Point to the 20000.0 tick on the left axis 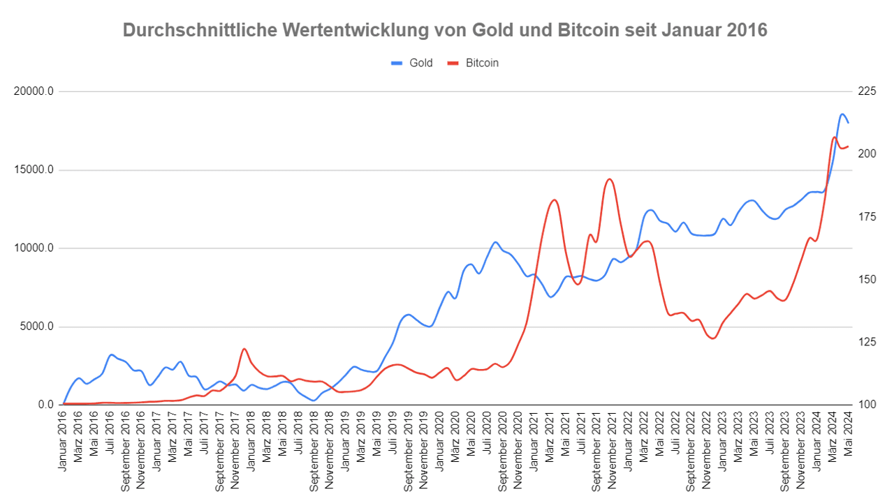tap(33, 91)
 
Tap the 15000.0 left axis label tap(33, 170)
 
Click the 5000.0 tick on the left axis tap(36, 327)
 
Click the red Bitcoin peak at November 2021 tap(610, 179)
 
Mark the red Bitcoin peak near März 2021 tap(554, 200)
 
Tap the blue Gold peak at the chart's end tap(842, 114)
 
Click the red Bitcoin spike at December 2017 tap(244, 349)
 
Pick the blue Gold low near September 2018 tap(313, 400)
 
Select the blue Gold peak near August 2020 tap(495, 242)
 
